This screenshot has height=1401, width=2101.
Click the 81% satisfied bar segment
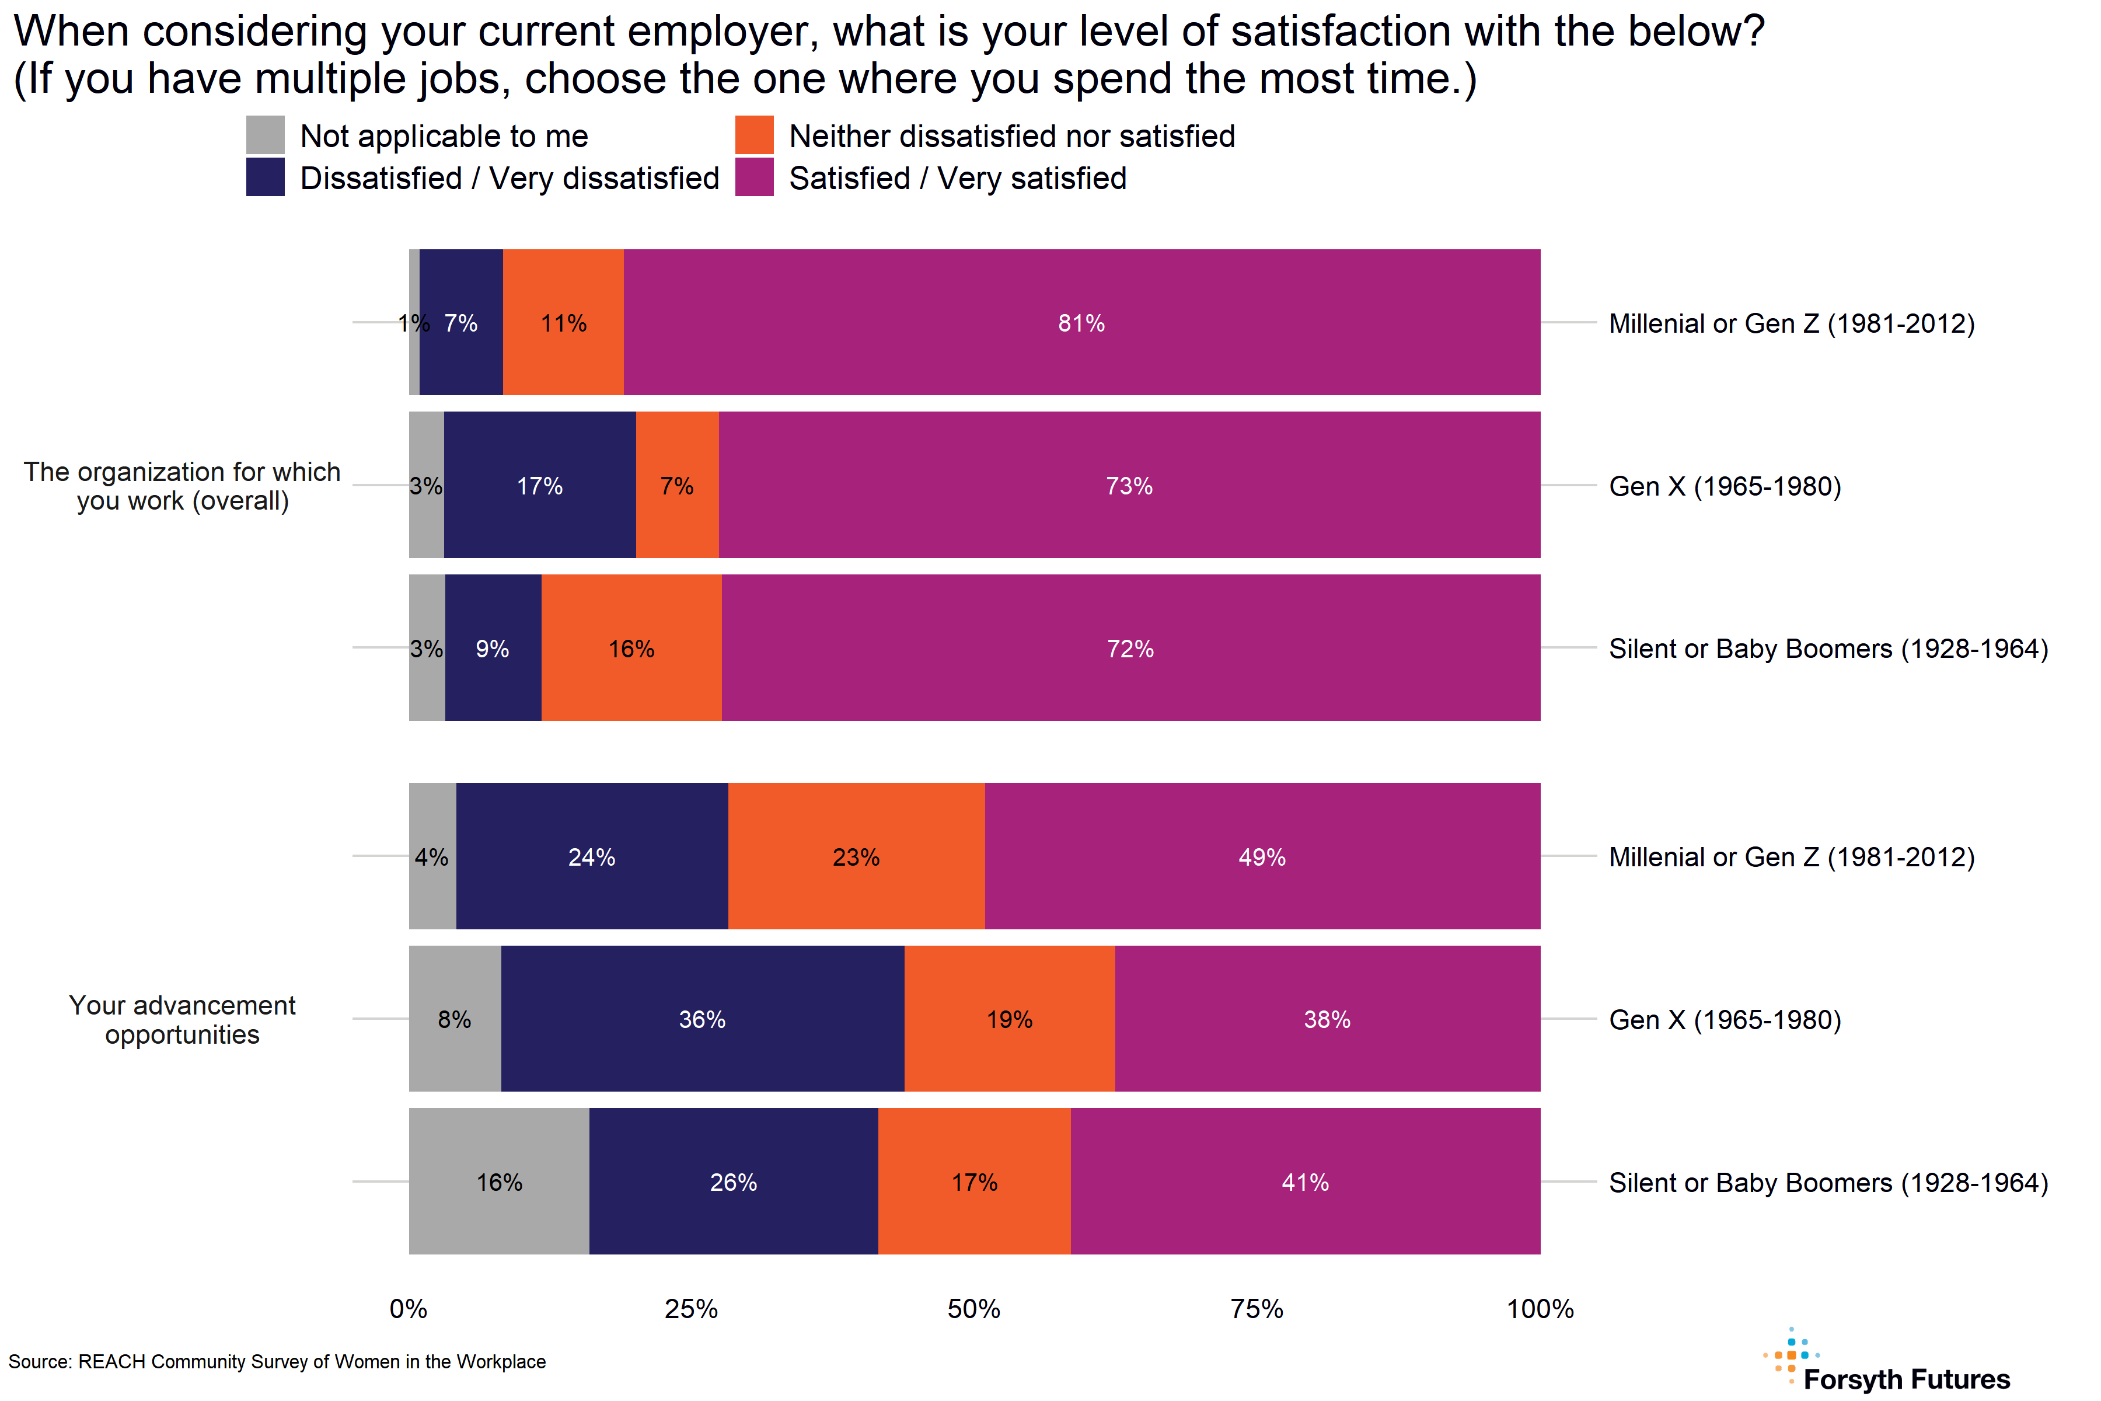pos(1081,323)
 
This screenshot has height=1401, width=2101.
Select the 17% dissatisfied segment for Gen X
pos(539,485)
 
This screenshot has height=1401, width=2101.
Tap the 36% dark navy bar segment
pos(702,1019)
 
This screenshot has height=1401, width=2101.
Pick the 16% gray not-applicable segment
pos(498,1181)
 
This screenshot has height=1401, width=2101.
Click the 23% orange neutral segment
pos(856,856)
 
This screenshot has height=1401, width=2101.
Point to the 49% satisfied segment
pos(1261,856)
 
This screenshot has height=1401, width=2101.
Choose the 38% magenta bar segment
pos(1327,1019)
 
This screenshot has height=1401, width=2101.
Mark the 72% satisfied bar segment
pos(1130,648)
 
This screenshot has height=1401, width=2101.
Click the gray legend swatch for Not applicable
pos(266,135)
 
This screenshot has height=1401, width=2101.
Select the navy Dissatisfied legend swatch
pos(266,177)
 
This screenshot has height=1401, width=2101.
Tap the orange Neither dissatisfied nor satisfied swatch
pos(754,135)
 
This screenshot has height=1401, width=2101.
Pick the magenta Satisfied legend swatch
pos(754,177)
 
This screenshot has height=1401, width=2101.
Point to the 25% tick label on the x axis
pos(690,1309)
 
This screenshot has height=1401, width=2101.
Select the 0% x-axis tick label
pos(408,1309)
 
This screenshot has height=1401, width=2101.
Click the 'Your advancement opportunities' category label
pos(182,1019)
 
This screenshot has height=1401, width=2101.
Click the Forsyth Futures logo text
pos(1906,1379)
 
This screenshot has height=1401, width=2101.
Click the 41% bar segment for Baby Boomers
pos(1304,1181)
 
